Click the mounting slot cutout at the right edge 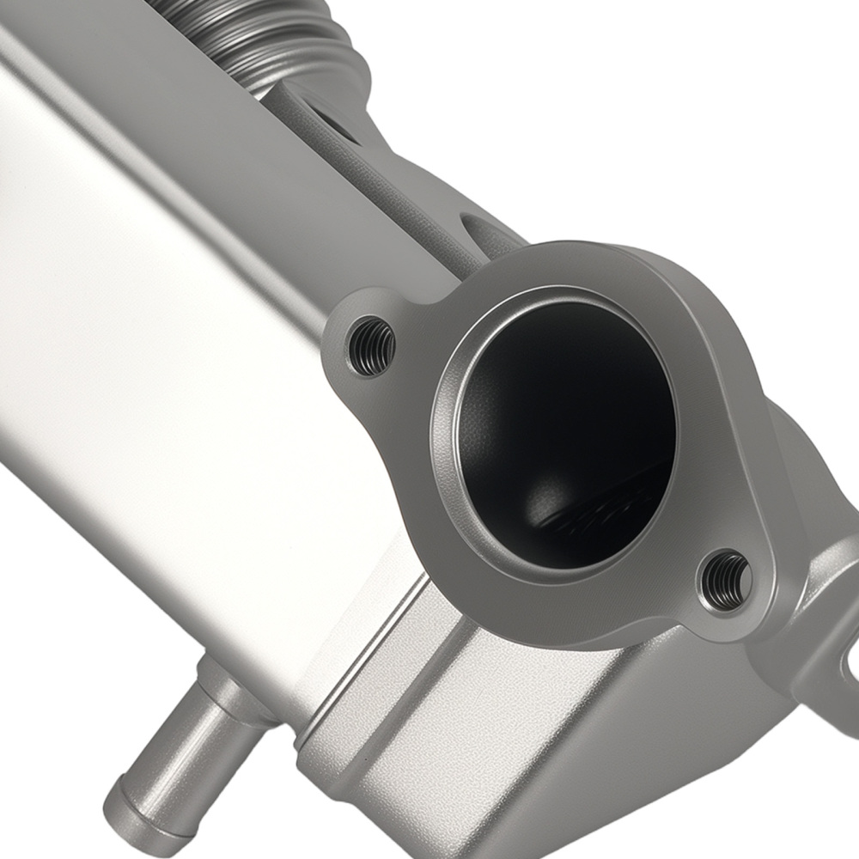pyautogui.click(x=850, y=661)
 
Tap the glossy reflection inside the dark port pyautogui.click(x=593, y=515)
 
